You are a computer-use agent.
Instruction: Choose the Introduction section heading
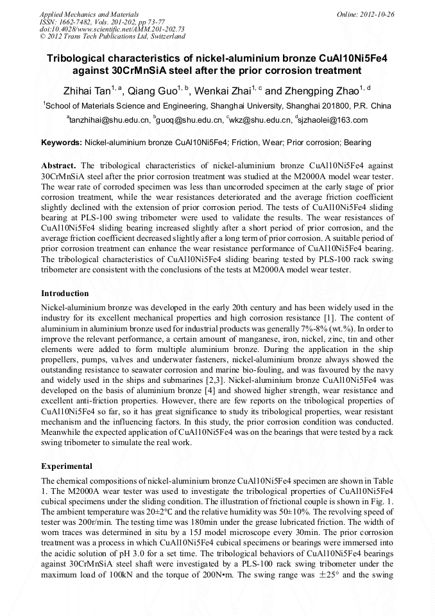click(65, 293)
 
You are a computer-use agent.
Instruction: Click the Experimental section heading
click(67, 466)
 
